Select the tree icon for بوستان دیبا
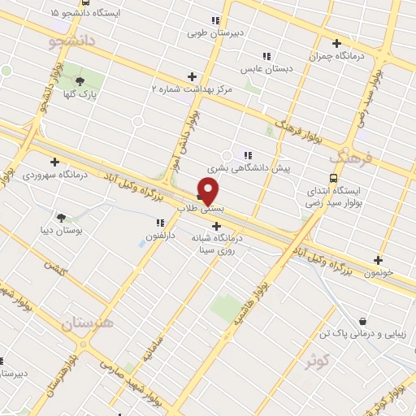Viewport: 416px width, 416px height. click(61, 217)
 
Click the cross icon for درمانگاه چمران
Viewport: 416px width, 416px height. click(336, 43)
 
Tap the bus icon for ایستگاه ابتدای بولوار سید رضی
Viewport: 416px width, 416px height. click(333, 179)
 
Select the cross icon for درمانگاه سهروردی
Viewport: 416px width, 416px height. click(54, 162)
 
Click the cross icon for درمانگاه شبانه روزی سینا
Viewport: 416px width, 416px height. click(216, 226)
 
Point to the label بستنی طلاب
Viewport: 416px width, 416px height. click(200, 208)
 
